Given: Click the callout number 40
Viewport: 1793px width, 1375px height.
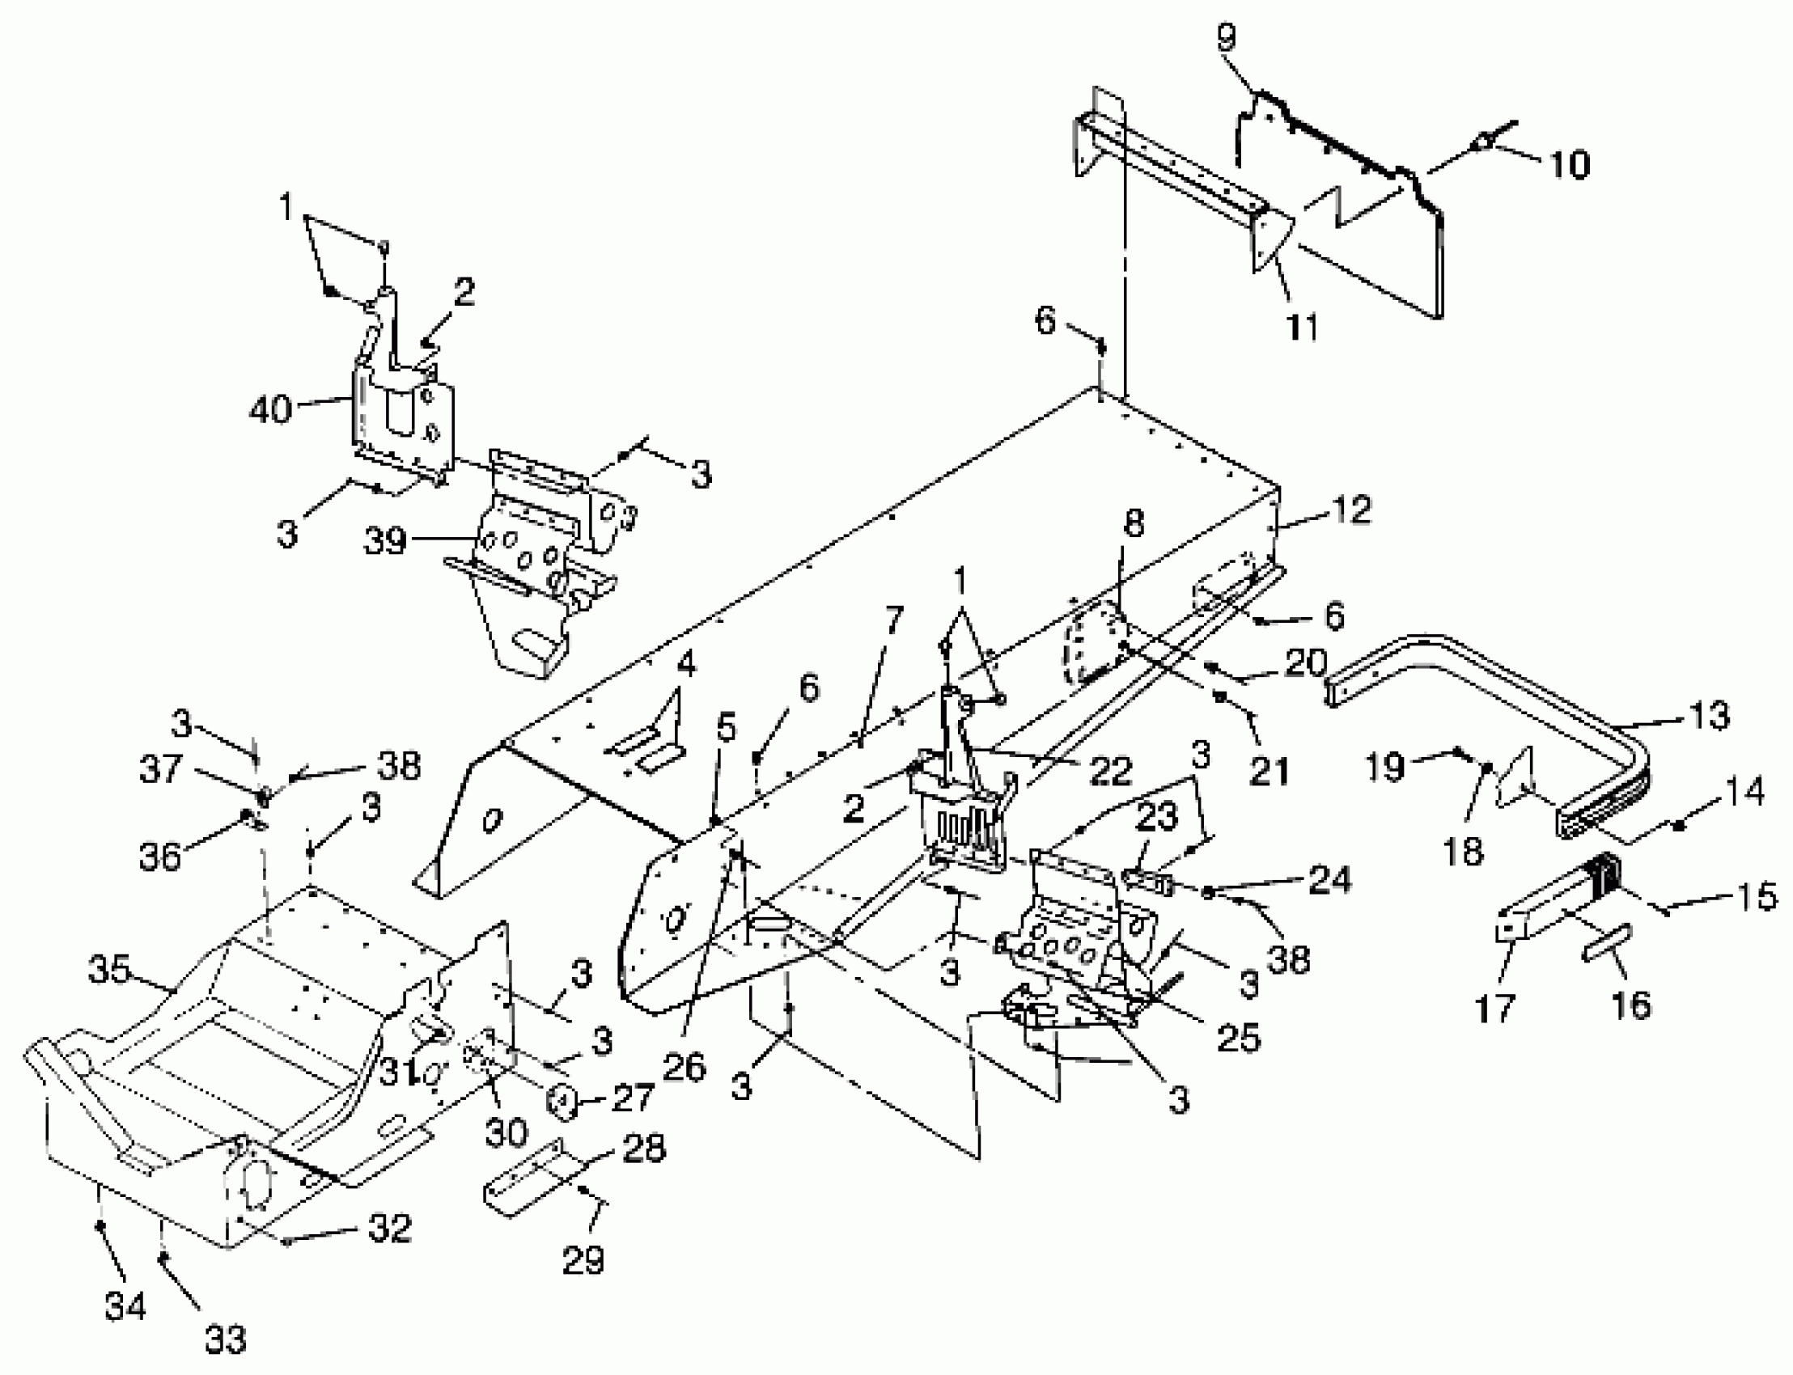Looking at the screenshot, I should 270,408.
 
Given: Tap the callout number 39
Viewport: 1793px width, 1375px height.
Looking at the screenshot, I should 385,540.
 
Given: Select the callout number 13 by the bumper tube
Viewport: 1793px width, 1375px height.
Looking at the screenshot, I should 1709,715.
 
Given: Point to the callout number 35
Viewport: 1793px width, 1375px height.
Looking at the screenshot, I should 110,969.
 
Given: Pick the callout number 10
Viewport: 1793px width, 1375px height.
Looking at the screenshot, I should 1569,163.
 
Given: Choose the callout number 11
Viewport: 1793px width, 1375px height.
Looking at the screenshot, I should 1302,328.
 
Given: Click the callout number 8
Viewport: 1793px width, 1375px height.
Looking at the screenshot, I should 1133,524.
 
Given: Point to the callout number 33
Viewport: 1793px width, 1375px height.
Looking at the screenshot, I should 225,1339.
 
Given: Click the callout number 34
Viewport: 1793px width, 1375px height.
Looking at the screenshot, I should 125,1306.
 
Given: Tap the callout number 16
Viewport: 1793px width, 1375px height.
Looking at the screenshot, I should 1631,1005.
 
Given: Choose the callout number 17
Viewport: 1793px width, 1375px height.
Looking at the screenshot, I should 1495,1009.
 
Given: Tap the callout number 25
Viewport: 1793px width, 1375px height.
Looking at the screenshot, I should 1239,1038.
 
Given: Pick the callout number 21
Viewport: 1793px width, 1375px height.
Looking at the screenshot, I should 1268,771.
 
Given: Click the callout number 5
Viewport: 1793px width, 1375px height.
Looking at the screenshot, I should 726,727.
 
